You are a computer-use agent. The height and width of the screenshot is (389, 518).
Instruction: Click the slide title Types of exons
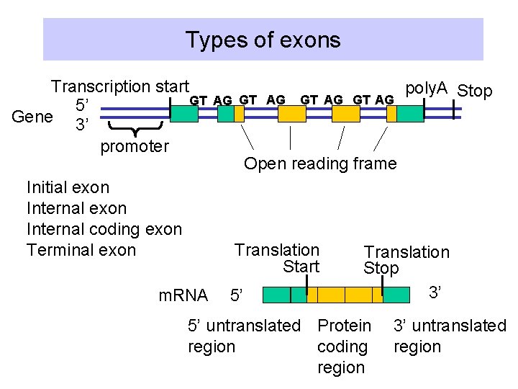click(x=263, y=39)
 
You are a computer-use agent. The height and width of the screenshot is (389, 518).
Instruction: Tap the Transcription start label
click(x=120, y=87)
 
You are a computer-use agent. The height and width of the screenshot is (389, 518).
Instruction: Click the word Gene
click(x=32, y=116)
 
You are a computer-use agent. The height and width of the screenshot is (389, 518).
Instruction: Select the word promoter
click(x=135, y=147)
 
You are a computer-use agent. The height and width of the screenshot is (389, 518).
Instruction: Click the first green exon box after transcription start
click(x=184, y=113)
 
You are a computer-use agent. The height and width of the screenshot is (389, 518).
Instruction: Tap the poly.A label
click(x=427, y=88)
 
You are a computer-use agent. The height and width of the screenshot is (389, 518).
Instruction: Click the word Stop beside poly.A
click(x=475, y=91)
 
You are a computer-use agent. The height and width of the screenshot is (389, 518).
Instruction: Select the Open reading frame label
click(x=320, y=164)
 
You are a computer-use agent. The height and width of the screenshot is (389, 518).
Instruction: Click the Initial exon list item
click(x=68, y=188)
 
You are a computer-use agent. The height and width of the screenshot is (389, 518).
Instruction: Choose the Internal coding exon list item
click(x=104, y=229)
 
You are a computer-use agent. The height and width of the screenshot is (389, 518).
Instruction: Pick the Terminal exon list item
click(x=81, y=250)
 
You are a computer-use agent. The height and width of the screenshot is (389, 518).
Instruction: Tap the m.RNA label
click(x=183, y=295)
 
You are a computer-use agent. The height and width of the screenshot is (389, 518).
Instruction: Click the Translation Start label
click(x=278, y=258)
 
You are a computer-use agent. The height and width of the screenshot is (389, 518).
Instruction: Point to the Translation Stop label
click(x=406, y=259)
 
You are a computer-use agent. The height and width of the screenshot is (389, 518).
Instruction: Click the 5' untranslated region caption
click(x=244, y=336)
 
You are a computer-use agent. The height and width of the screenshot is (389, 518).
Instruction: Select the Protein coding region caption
click(x=344, y=346)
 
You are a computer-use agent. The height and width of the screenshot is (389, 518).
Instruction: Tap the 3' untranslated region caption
click(x=450, y=336)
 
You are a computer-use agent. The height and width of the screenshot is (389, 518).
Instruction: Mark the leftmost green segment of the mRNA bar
click(x=276, y=295)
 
